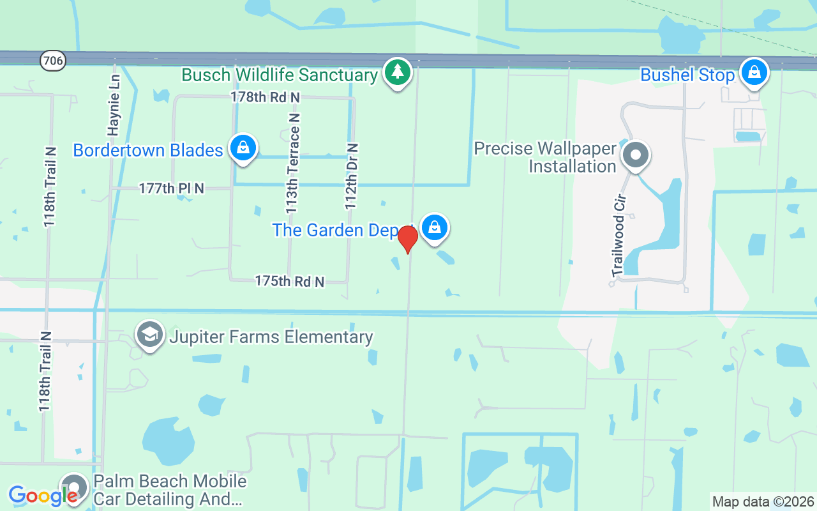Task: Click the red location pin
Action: (408, 240)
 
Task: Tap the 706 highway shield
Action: (52, 61)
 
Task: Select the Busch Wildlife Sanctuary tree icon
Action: (398, 72)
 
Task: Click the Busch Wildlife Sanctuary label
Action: (280, 75)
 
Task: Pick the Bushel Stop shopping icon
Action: (754, 72)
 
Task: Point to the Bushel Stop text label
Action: (687, 75)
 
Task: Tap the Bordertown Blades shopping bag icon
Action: (243, 148)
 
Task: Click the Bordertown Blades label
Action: (148, 151)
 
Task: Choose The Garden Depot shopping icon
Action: (435, 227)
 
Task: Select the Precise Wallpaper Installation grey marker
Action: (635, 155)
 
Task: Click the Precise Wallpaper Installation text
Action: (545, 158)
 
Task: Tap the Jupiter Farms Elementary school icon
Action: (150, 335)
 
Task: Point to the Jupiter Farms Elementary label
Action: (271, 337)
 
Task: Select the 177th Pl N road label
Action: (172, 188)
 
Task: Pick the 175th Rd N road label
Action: (290, 281)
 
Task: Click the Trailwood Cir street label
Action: (618, 235)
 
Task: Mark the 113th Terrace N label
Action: (292, 164)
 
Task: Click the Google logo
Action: (43, 495)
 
